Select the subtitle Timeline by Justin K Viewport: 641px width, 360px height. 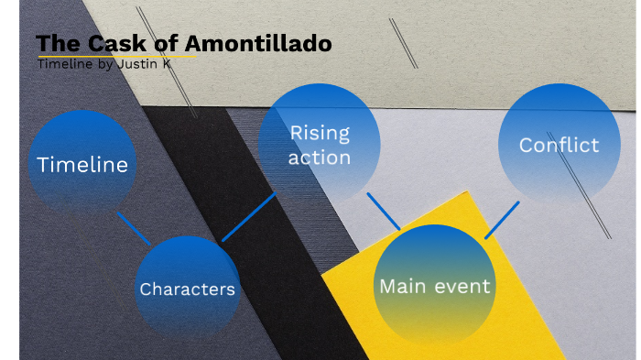pos(116,63)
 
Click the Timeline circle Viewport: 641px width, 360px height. pos(82,165)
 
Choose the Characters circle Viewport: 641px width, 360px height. pos(188,289)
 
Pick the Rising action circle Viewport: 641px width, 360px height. pos(320,145)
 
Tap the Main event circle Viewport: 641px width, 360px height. pos(435,286)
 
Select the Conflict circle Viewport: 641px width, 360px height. pos(559,145)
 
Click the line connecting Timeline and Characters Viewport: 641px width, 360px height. pos(134,228)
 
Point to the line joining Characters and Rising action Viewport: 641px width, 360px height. pos(248,217)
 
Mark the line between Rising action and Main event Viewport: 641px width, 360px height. pos(384,211)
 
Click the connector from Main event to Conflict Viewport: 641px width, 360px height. pos(502,220)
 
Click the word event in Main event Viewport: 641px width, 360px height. pos(462,286)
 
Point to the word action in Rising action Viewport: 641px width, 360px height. pos(320,158)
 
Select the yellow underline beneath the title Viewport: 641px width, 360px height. pos(116,56)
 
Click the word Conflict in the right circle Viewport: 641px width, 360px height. pos(559,145)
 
